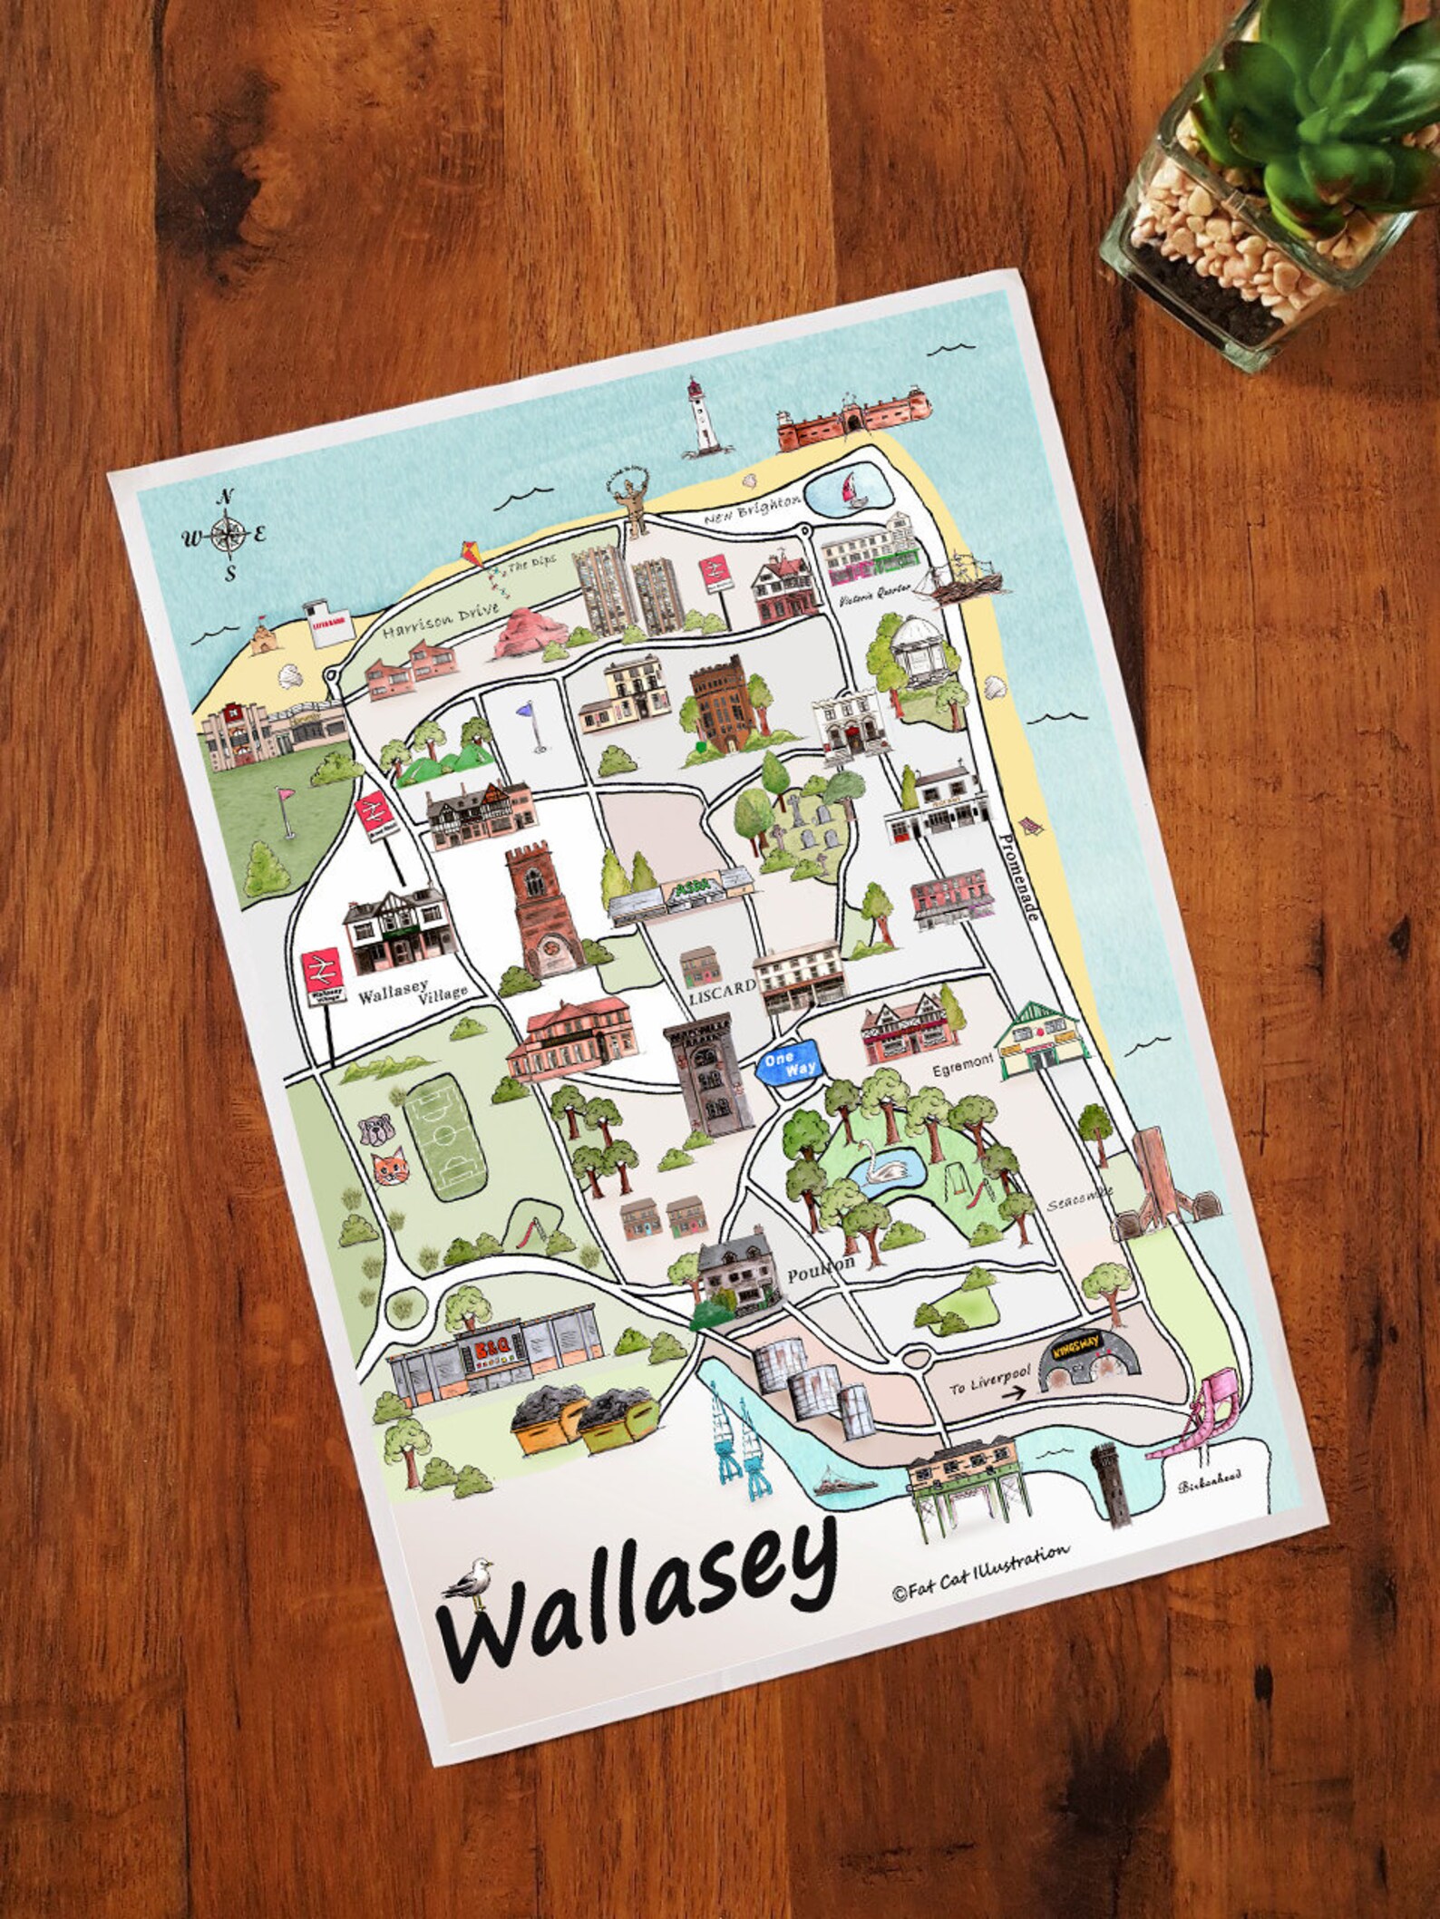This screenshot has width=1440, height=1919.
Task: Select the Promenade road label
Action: pos(1021,869)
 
